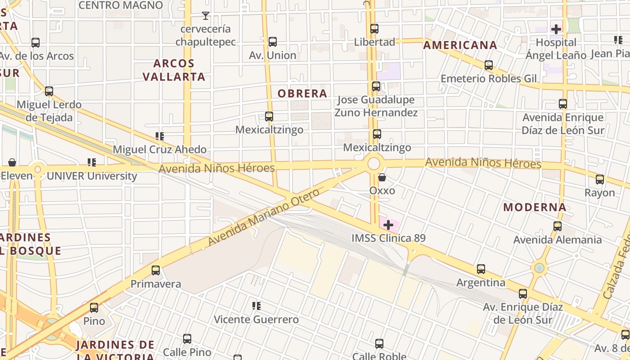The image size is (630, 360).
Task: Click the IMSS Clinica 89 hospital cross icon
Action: click(388, 225)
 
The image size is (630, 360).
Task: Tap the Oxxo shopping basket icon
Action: click(382, 177)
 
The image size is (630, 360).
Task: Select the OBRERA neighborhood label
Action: click(302, 94)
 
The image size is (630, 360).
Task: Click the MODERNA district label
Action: click(535, 207)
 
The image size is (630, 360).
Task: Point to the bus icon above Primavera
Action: click(156, 270)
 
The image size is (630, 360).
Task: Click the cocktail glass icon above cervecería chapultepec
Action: click(206, 16)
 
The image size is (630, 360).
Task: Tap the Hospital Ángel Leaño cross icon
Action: click(556, 29)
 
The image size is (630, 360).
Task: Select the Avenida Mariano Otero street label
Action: click(264, 217)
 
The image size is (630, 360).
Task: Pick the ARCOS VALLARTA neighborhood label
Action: click(174, 70)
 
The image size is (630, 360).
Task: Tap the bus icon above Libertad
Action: click(374, 29)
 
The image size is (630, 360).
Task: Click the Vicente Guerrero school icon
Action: click(256, 306)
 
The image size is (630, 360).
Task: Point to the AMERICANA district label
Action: click(460, 45)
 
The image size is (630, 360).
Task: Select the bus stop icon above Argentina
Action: click(481, 269)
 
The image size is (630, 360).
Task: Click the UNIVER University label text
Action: click(92, 176)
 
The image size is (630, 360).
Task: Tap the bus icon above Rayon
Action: click(600, 180)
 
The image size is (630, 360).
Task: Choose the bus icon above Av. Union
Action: click(272, 42)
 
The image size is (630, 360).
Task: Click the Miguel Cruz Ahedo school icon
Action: click(159, 136)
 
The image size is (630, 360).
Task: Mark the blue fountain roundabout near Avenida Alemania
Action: click(539, 269)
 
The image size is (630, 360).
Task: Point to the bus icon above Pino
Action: click(94, 308)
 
